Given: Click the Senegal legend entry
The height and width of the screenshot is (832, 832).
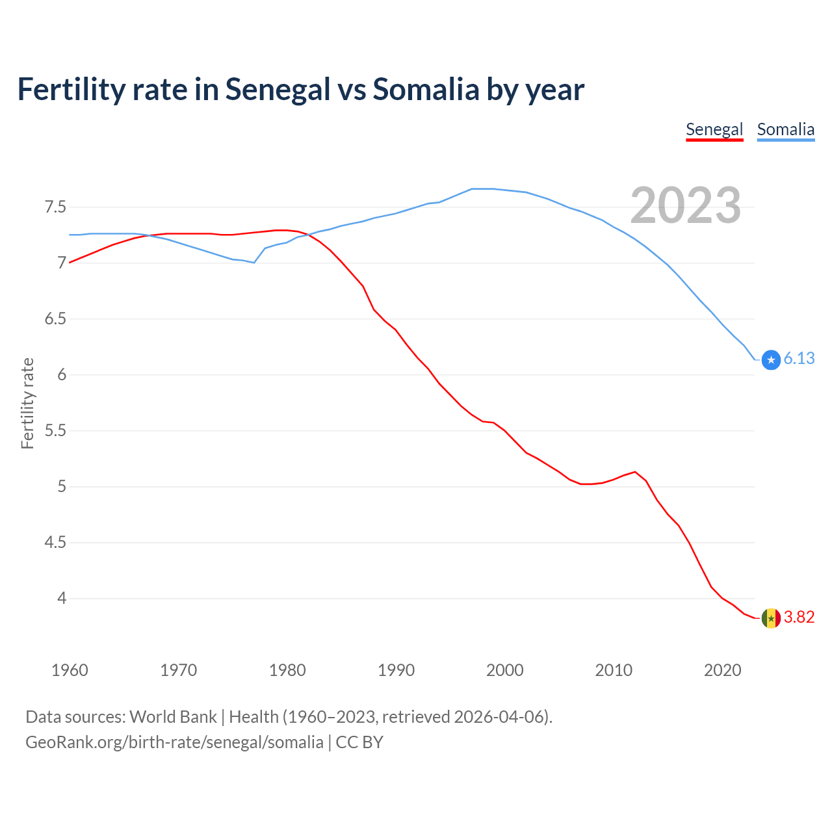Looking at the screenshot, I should point(714,129).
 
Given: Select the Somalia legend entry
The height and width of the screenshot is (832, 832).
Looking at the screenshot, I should point(785,129).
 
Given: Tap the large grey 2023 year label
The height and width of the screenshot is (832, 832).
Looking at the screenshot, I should point(686,205).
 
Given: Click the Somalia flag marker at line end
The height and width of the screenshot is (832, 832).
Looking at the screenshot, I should point(771,359).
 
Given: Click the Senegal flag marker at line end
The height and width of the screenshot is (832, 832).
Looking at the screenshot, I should point(771,617).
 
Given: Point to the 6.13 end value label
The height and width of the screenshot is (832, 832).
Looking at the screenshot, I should point(799,359).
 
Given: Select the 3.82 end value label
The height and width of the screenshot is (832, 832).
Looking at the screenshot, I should point(799,617).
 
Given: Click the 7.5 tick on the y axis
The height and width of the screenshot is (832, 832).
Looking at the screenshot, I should point(55,207).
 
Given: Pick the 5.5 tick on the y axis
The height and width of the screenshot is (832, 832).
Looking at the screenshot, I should point(55,431).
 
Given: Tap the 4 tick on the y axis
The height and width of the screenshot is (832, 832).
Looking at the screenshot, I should point(62,598).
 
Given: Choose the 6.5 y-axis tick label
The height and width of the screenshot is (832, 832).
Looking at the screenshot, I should point(55,319).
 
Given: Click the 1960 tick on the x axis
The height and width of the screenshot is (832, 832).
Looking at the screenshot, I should point(70,670).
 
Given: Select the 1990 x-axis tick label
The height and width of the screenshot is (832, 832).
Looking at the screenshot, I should point(396,670).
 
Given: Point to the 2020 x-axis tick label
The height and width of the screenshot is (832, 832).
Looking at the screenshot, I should point(722,670).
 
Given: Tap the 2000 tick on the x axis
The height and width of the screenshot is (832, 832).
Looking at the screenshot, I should point(504,670).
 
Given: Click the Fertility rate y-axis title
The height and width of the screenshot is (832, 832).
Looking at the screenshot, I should point(27,403).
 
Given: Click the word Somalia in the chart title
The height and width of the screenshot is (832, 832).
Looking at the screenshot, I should point(426,90).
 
